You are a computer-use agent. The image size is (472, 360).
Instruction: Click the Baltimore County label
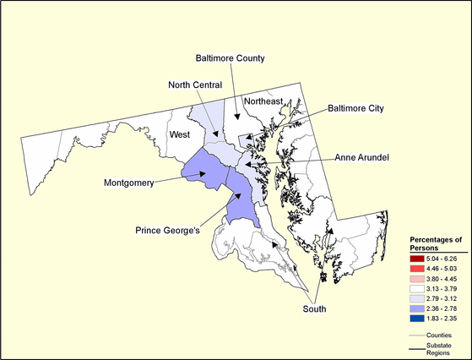[x=231, y=58]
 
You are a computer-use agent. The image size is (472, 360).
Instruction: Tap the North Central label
[x=195, y=85]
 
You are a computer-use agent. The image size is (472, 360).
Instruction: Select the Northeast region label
[x=263, y=101]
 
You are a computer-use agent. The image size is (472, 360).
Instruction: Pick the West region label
[x=179, y=134]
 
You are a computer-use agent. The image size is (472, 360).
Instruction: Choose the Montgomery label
[x=129, y=183]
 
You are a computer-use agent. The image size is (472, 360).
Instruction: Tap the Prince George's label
[x=168, y=230]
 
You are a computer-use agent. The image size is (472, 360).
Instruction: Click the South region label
[x=314, y=309]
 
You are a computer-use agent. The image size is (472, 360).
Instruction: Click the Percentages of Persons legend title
[x=433, y=243]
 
